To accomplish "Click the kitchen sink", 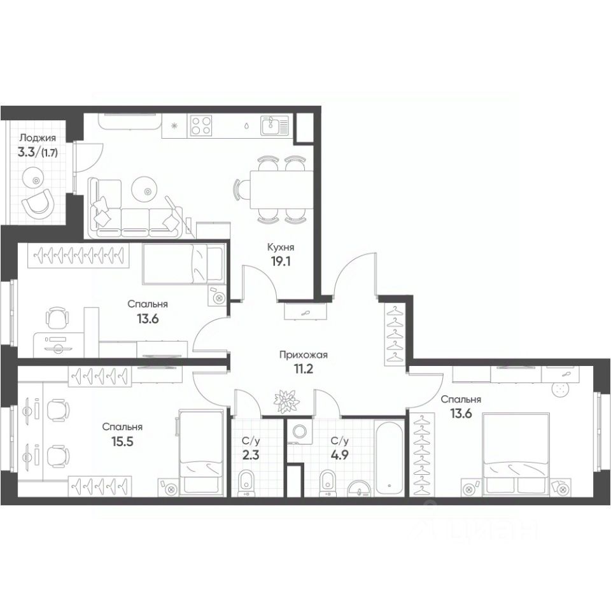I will pyautogui.click(x=275, y=125).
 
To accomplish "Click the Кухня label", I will pyautogui.click(x=281, y=247).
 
